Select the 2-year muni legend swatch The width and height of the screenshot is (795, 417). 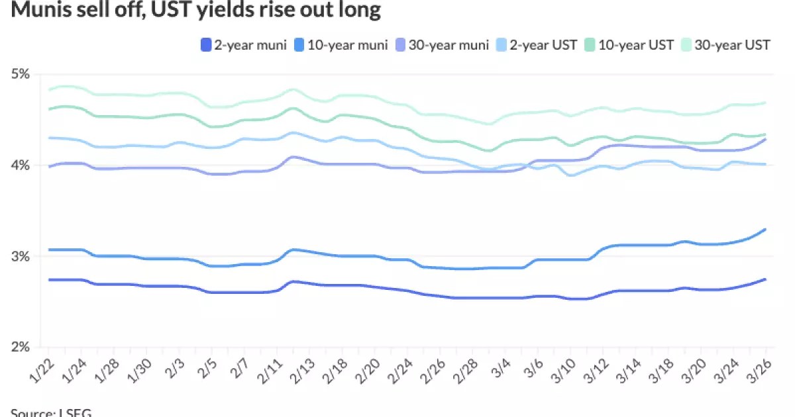[x=206, y=45]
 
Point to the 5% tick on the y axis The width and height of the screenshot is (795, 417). [x=21, y=73]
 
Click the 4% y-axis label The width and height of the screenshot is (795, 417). [x=21, y=165]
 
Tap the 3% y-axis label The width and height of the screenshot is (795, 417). [x=21, y=256]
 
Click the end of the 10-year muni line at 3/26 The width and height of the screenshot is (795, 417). [x=766, y=230]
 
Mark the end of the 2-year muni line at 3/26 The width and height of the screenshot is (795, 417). [x=766, y=279]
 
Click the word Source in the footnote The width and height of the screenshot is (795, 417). [x=31, y=412]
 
